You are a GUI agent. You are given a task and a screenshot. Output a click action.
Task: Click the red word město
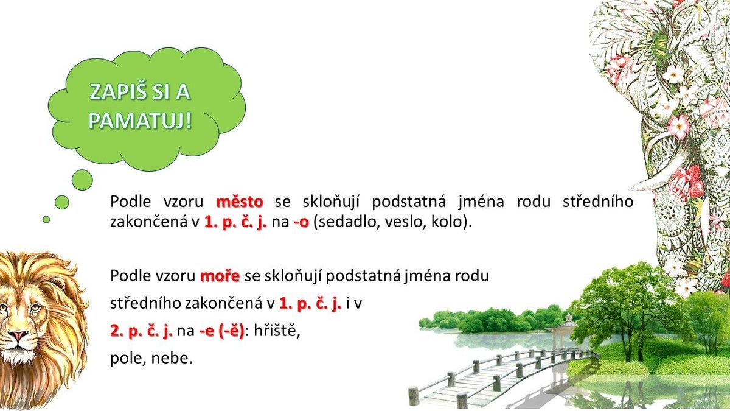240,202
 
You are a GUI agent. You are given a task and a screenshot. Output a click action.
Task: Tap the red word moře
220,276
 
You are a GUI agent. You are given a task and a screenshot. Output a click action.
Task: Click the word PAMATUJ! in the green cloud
140,122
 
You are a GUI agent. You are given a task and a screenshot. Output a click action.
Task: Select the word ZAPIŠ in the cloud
114,92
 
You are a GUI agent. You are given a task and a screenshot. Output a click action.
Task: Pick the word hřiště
277,331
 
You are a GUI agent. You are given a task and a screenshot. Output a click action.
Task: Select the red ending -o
301,222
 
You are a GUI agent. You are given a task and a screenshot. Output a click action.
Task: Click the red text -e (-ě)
221,331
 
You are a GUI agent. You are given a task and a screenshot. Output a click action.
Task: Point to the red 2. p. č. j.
141,331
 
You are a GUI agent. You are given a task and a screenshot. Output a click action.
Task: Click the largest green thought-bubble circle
82,180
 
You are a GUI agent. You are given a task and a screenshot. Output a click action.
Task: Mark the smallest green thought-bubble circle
46,220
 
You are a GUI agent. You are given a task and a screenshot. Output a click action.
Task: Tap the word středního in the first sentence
598,202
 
